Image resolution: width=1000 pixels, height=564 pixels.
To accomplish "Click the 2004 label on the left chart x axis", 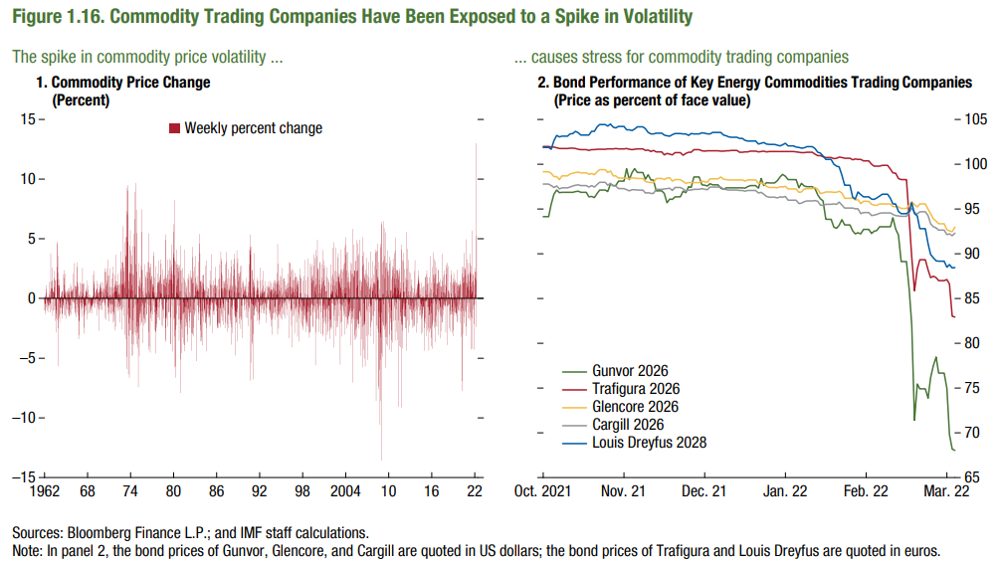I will pos(345,491).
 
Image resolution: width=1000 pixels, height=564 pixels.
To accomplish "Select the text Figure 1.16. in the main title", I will pos(59,17).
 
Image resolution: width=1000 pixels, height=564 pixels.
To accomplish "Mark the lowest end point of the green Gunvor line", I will pos(954,451).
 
